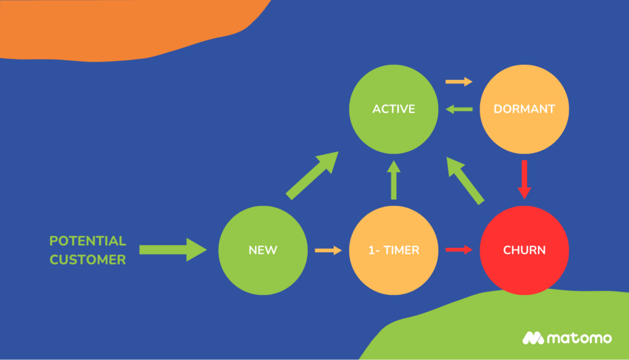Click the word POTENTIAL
[x=88, y=241]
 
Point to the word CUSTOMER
[x=88, y=260]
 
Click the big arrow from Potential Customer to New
[x=173, y=249]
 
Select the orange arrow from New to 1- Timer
[x=328, y=250]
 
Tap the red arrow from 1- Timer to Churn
[x=459, y=249]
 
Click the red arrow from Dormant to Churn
[x=524, y=179]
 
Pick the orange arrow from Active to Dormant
[x=459, y=82]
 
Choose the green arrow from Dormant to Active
[x=459, y=109]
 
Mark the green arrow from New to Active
[x=313, y=176]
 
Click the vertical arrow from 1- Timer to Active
[x=394, y=179]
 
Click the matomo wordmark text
[x=579, y=338]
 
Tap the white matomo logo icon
[x=533, y=338]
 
